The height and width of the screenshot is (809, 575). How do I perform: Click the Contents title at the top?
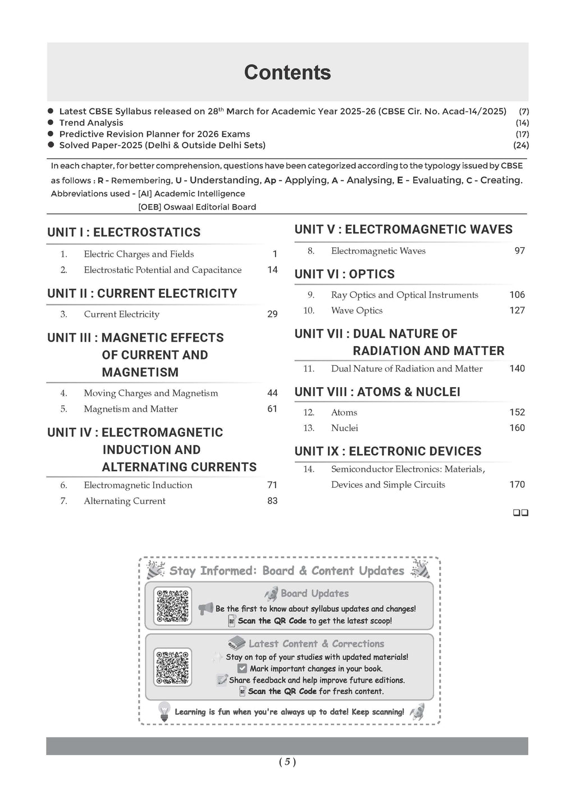287,72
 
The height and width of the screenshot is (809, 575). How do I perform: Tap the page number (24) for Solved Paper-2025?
521,146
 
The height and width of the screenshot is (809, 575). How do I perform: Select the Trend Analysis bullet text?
91,123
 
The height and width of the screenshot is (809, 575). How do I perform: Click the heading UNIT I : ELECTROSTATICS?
124,233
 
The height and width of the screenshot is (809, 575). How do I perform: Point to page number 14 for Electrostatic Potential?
272,270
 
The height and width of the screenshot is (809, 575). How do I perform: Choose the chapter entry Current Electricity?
121,315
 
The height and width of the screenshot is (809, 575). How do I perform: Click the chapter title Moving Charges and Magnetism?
150,393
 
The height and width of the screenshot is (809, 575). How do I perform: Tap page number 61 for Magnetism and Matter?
272,409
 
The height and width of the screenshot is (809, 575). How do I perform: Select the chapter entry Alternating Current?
125,501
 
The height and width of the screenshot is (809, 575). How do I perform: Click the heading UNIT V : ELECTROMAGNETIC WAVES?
403,230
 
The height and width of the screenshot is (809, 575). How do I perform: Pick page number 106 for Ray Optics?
517,295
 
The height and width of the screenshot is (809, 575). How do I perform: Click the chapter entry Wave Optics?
357,311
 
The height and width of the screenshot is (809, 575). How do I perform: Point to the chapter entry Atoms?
344,412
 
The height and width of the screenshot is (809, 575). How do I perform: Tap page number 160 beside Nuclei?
517,428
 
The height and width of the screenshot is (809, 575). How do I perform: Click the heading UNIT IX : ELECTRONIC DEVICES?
387,452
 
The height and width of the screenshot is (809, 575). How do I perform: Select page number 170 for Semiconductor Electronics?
517,485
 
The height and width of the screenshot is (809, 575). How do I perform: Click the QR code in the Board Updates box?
172,606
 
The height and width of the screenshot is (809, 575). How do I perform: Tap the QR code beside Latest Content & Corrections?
172,667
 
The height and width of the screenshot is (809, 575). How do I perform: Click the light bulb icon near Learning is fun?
164,711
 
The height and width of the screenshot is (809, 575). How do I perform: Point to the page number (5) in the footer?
287,762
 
